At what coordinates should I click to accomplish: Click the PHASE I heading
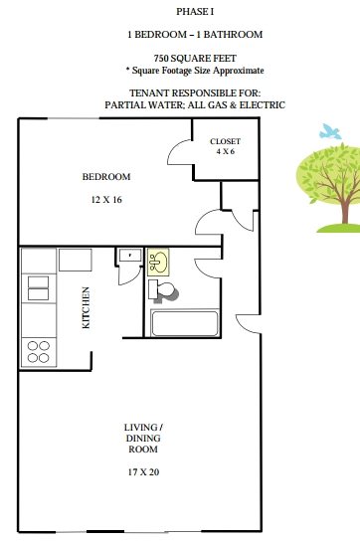tap(195, 12)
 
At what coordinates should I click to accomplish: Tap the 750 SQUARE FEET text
tap(195, 58)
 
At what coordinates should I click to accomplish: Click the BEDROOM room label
tap(106, 177)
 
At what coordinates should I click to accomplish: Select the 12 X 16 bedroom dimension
tap(106, 200)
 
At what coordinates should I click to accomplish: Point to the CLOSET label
tap(225, 141)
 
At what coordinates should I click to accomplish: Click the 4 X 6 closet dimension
tap(225, 151)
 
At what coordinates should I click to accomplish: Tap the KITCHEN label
tap(86, 307)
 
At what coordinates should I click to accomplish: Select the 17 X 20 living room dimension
tap(143, 471)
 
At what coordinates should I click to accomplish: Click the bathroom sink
tap(158, 262)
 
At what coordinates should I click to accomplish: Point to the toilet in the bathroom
tap(162, 290)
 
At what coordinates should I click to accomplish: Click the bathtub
tap(185, 323)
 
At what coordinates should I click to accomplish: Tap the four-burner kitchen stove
tap(39, 352)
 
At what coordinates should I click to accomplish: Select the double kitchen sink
tap(38, 288)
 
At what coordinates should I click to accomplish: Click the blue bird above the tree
tap(330, 131)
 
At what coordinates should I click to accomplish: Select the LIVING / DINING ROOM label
tap(143, 438)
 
